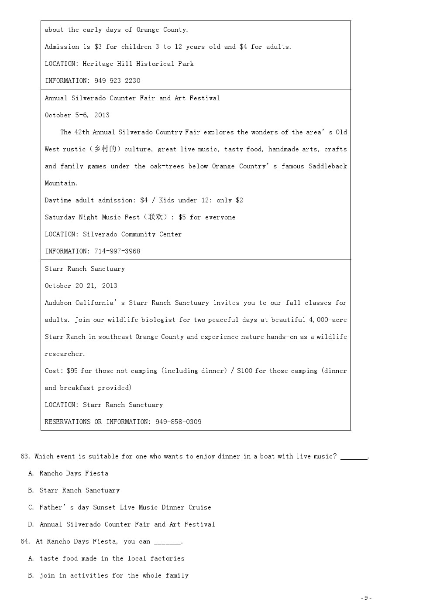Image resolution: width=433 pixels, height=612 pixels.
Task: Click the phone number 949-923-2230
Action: click(x=117, y=81)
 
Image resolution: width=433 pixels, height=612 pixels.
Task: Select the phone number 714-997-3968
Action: click(x=117, y=251)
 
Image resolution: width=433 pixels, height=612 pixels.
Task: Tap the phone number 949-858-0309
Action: click(x=179, y=422)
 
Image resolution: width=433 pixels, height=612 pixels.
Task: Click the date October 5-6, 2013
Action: click(x=77, y=115)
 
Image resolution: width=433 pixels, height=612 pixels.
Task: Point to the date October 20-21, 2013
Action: click(x=81, y=286)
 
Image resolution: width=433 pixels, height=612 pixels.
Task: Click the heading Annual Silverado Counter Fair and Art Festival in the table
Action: click(x=132, y=98)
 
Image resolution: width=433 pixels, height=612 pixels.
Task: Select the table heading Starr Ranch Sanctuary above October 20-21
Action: click(x=85, y=269)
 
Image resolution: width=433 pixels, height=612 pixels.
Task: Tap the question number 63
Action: click(x=25, y=456)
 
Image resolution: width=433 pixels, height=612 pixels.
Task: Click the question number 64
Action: click(x=25, y=541)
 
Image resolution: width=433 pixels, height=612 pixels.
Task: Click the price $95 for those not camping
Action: click(x=72, y=371)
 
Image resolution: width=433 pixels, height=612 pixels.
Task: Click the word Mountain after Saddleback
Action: click(x=61, y=183)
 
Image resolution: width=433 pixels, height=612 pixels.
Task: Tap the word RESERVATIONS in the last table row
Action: click(x=68, y=422)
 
